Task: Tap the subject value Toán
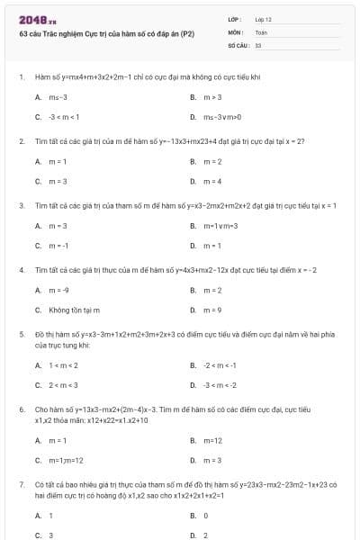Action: [x=261, y=31]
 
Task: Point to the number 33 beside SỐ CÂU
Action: [x=258, y=44]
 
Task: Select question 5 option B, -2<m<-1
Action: [x=221, y=365]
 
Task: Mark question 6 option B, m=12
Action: [x=213, y=440]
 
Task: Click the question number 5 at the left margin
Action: [x=21, y=333]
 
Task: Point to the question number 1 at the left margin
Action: [x=21, y=77]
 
